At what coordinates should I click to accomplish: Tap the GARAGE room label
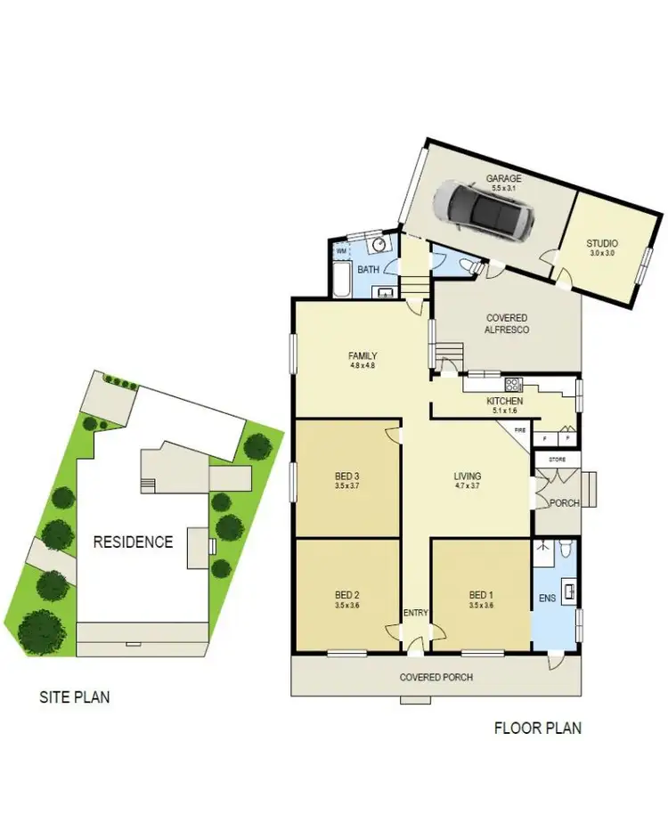pos(504,178)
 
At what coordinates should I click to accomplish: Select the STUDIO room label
pos(602,243)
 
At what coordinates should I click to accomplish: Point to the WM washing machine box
pos(341,251)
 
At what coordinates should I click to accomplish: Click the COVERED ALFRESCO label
pos(507,323)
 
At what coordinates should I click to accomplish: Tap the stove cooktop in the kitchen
pos(514,386)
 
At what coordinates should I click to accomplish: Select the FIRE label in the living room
pos(520,430)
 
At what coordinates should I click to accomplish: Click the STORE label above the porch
pos(557,460)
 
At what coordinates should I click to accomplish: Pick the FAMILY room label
pos(363,356)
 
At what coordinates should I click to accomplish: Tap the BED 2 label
pos(346,595)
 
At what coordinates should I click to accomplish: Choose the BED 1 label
pos(481,595)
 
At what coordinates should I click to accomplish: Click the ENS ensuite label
pos(546,599)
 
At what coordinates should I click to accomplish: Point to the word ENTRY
pos(415,613)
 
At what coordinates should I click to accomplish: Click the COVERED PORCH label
pos(436,678)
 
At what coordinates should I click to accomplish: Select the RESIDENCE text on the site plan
pos(134,542)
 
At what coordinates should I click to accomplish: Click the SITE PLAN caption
pos(74,696)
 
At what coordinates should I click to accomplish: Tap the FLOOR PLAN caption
pos(538,728)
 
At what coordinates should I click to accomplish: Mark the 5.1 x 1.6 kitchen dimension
pos(504,411)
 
